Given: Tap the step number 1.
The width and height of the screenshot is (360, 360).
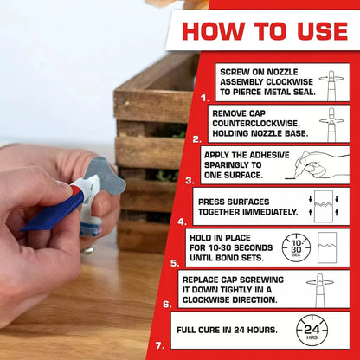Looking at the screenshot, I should click(205, 98).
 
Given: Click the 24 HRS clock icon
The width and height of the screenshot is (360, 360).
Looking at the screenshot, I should click(312, 331).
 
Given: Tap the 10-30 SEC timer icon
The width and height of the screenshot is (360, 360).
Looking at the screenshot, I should click(297, 247).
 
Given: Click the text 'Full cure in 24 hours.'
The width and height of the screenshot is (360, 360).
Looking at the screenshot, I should click(226, 331).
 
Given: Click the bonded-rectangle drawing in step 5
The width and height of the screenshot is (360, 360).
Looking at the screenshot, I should click(331, 247).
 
